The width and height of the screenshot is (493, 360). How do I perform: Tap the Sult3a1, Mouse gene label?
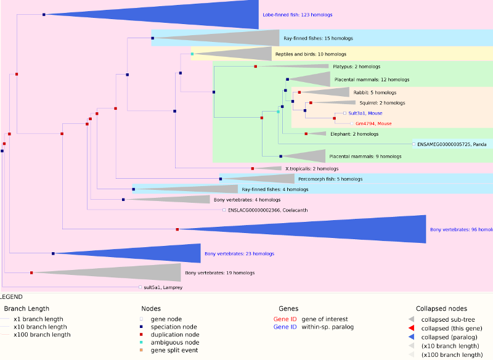pyautogui.click(x=365, y=113)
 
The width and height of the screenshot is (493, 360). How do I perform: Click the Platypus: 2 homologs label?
pyautogui.click(x=356, y=66)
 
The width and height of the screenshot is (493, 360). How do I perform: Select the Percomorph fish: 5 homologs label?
pyautogui.click(x=330, y=179)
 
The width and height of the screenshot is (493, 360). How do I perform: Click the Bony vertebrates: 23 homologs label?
pyautogui.click(x=239, y=253)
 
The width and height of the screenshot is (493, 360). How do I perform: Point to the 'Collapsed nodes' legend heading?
pyautogui.click(x=441, y=308)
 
